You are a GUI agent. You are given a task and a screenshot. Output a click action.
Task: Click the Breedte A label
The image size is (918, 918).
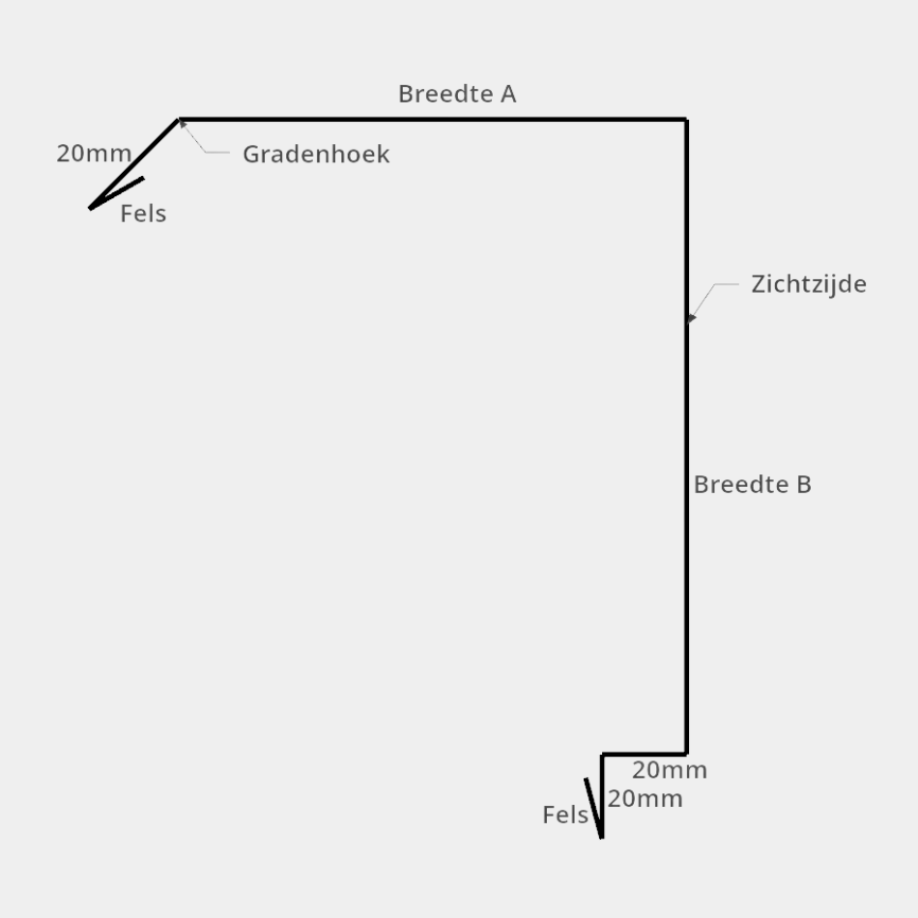tap(457, 94)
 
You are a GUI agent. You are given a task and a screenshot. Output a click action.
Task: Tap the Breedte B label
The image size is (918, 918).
tap(752, 484)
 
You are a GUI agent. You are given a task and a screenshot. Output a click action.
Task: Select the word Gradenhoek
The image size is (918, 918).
tap(316, 155)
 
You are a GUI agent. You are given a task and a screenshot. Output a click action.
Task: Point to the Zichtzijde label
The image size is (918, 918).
tap(808, 284)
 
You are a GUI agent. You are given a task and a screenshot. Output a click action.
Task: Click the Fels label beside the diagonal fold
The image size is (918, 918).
tap(143, 215)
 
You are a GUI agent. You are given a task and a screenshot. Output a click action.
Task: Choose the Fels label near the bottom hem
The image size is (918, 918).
tap(565, 815)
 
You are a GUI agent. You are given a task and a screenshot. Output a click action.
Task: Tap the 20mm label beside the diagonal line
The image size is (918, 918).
tap(94, 153)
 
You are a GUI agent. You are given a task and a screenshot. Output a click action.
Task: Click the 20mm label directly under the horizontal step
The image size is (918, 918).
tap(670, 770)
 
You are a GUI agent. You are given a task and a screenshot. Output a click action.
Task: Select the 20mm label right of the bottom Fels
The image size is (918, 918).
tap(645, 798)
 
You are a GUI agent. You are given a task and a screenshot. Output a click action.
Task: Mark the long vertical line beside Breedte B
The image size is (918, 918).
tap(687, 435)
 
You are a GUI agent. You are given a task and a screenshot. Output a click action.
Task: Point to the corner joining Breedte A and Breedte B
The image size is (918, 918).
tap(687, 120)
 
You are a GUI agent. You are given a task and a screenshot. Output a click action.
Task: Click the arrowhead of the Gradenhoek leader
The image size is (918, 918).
tap(183, 124)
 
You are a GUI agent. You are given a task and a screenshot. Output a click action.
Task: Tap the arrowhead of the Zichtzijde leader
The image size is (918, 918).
tap(691, 318)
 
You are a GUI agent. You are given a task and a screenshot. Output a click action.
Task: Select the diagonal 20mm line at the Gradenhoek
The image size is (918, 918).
tap(135, 163)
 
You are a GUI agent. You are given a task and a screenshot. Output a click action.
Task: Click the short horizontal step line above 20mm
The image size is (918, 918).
tap(645, 754)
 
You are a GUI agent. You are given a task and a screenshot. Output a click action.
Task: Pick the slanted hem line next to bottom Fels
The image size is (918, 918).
tap(594, 808)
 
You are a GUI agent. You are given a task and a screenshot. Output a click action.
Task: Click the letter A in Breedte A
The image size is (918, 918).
tap(507, 94)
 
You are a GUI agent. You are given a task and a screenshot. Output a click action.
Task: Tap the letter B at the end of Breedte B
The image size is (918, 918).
tap(803, 484)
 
